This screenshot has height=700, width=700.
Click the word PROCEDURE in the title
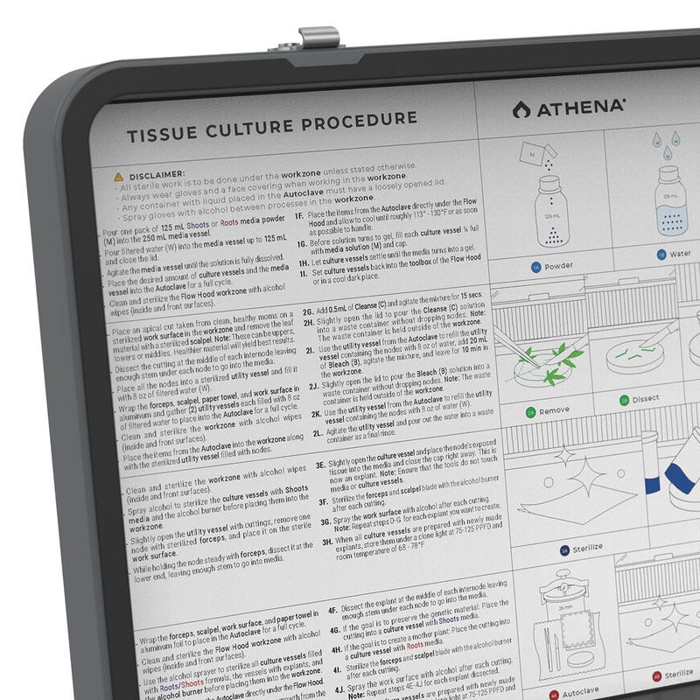(359, 120)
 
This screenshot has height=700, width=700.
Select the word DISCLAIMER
(155, 175)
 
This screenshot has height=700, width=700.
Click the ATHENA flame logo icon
(521, 108)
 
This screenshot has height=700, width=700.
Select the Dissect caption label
(646, 400)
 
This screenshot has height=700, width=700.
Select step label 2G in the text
(308, 311)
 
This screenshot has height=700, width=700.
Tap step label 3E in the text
(320, 464)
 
